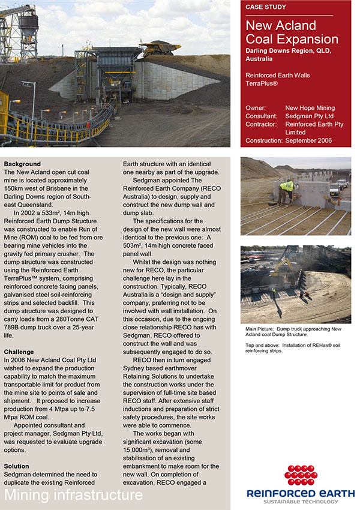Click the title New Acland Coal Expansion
coord(292,32)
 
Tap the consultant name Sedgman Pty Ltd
coord(309,116)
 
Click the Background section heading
coord(22,164)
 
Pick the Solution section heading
coord(16,466)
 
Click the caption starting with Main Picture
coord(295,332)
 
